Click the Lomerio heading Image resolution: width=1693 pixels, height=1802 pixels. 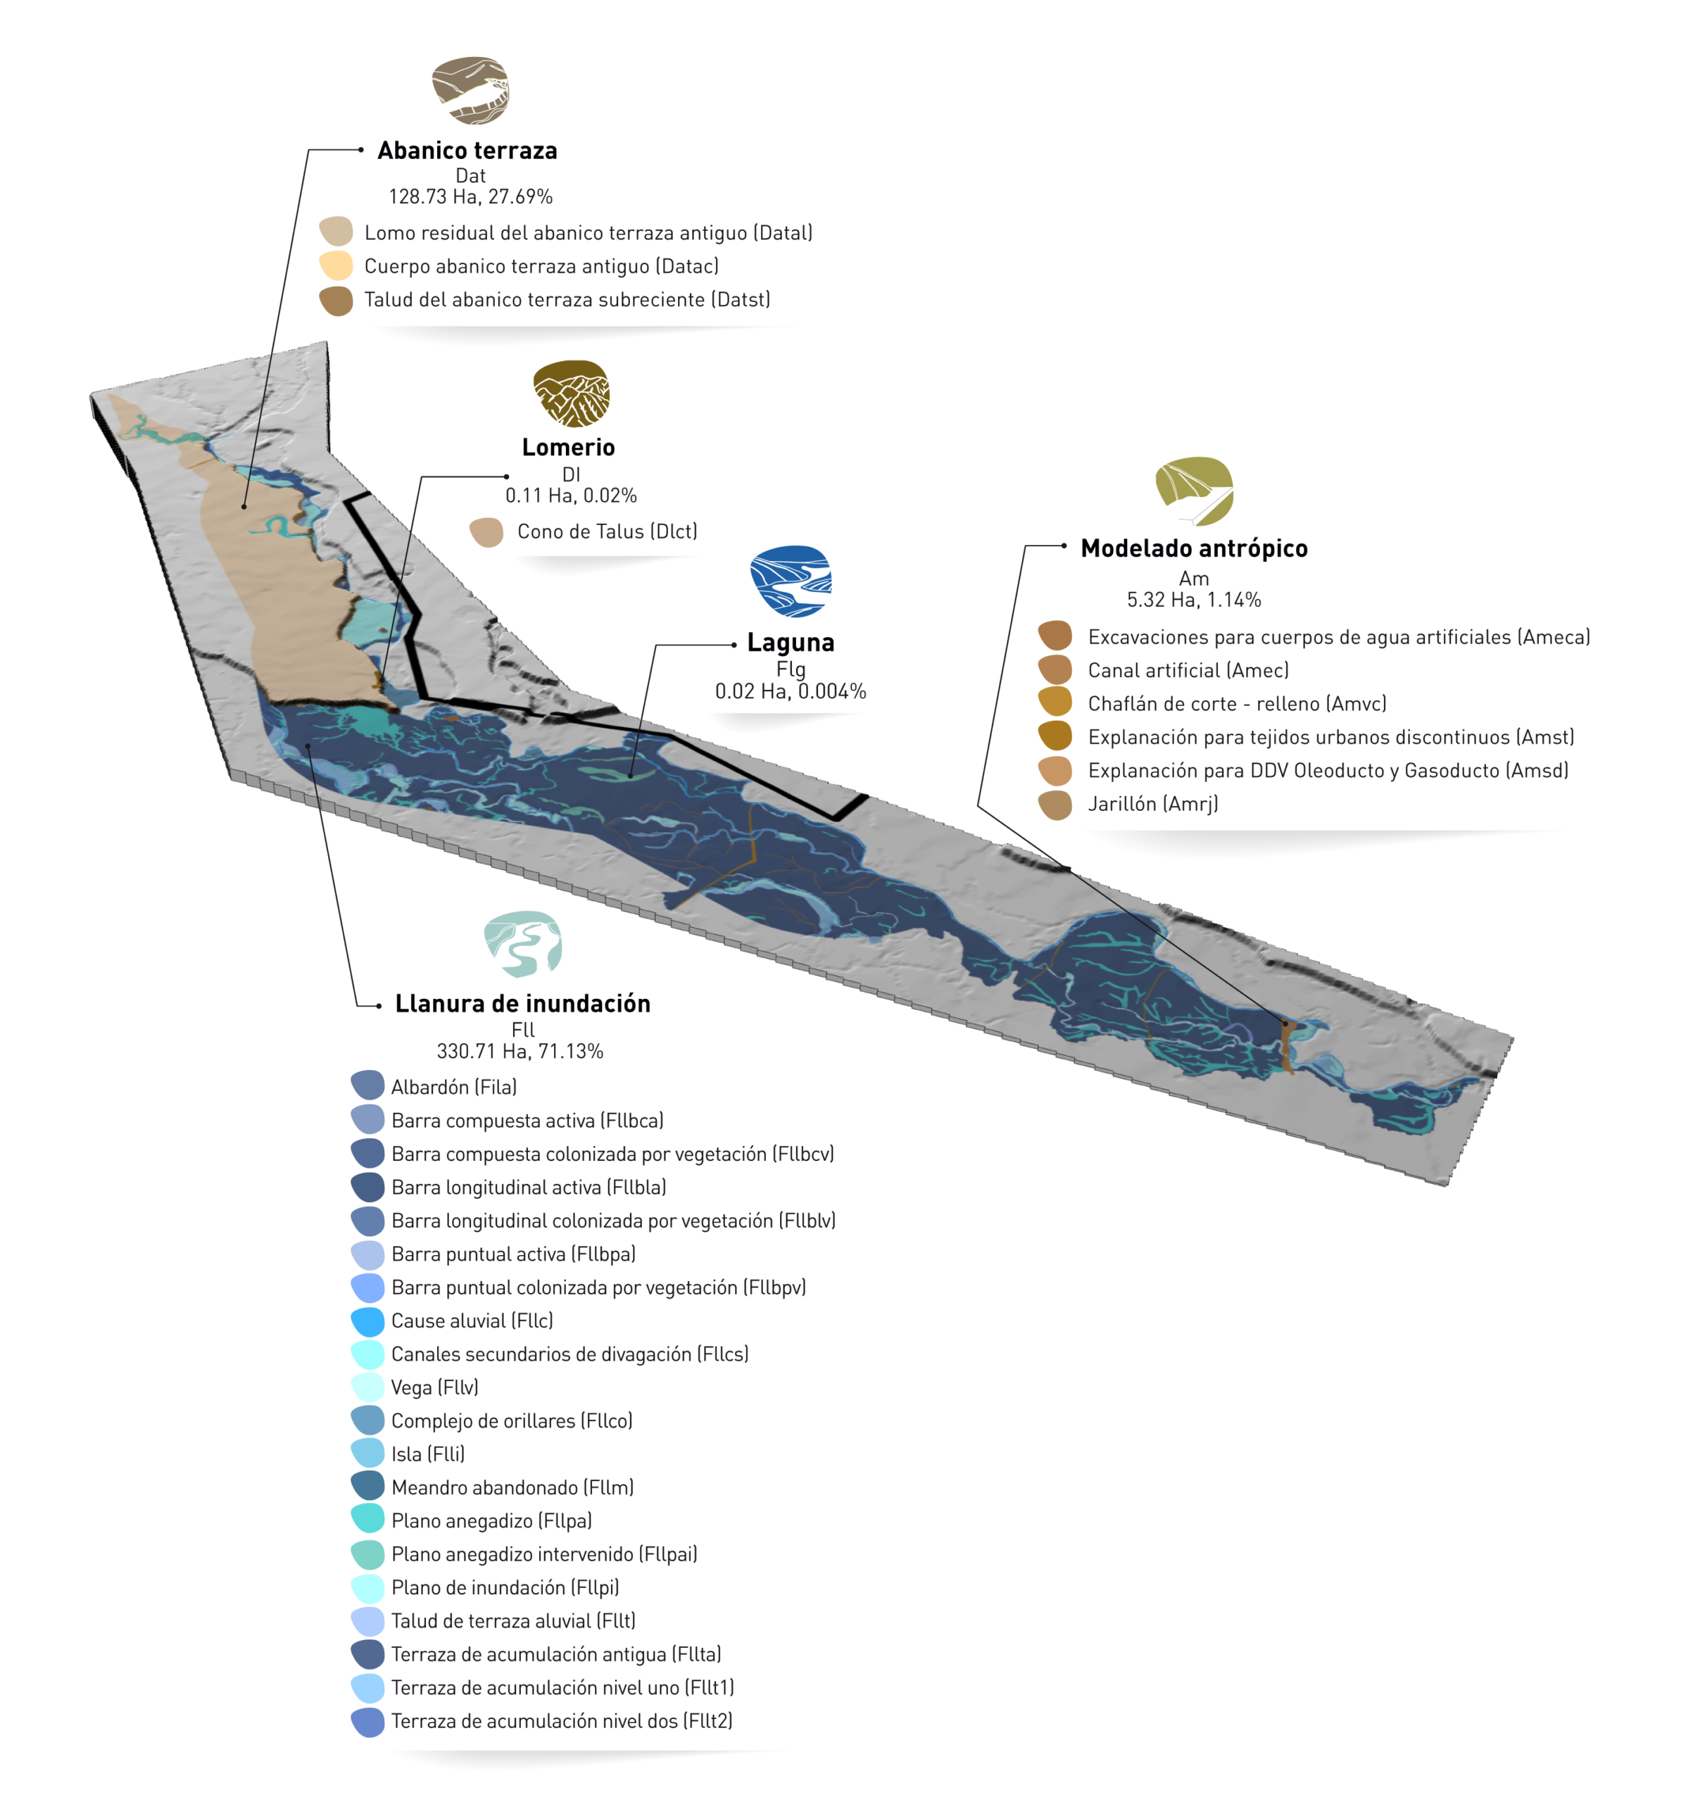point(568,447)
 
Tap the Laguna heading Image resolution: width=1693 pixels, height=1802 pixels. point(791,643)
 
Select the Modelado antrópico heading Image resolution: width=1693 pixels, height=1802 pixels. point(1194,548)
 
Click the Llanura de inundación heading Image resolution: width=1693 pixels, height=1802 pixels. point(522,1004)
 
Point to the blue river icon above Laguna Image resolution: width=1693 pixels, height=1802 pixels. point(791,581)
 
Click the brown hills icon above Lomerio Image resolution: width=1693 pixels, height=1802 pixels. point(571,393)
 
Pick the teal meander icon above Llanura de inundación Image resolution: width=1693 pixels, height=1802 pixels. point(523,944)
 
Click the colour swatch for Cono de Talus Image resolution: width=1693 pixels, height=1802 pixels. point(486,532)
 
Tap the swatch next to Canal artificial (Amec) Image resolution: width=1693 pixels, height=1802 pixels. point(1055,671)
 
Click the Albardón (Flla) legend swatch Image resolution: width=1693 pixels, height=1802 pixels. point(367,1085)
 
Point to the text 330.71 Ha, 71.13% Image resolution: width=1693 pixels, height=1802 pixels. point(520,1052)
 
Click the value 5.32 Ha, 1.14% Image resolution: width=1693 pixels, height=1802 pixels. point(1194,600)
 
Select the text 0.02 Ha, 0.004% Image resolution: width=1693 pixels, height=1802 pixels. point(791,692)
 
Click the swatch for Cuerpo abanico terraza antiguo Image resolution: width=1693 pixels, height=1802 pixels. point(336,265)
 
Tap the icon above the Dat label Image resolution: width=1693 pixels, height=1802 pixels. point(470,91)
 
